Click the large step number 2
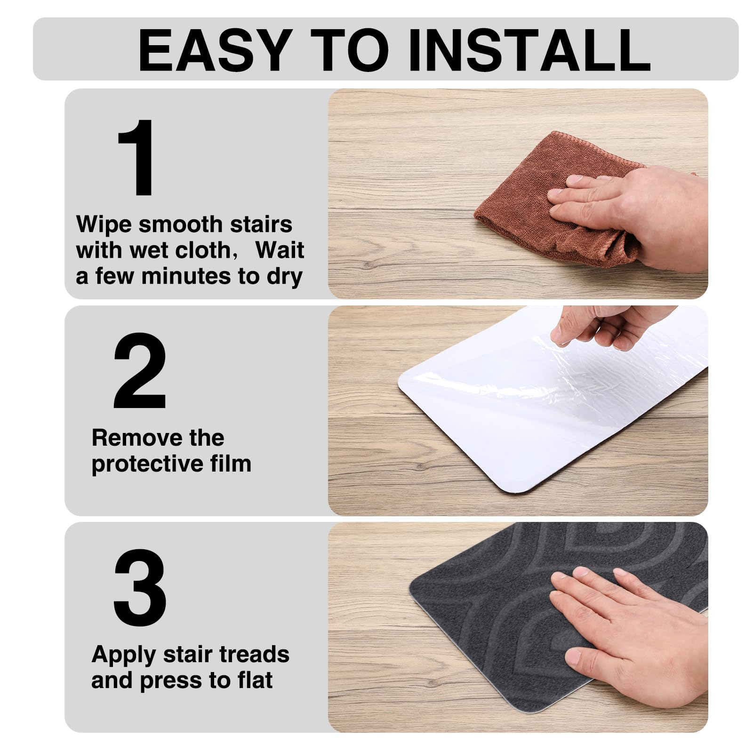[140, 370]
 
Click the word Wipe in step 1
[104, 224]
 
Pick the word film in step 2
[231, 464]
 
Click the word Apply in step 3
[124, 655]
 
